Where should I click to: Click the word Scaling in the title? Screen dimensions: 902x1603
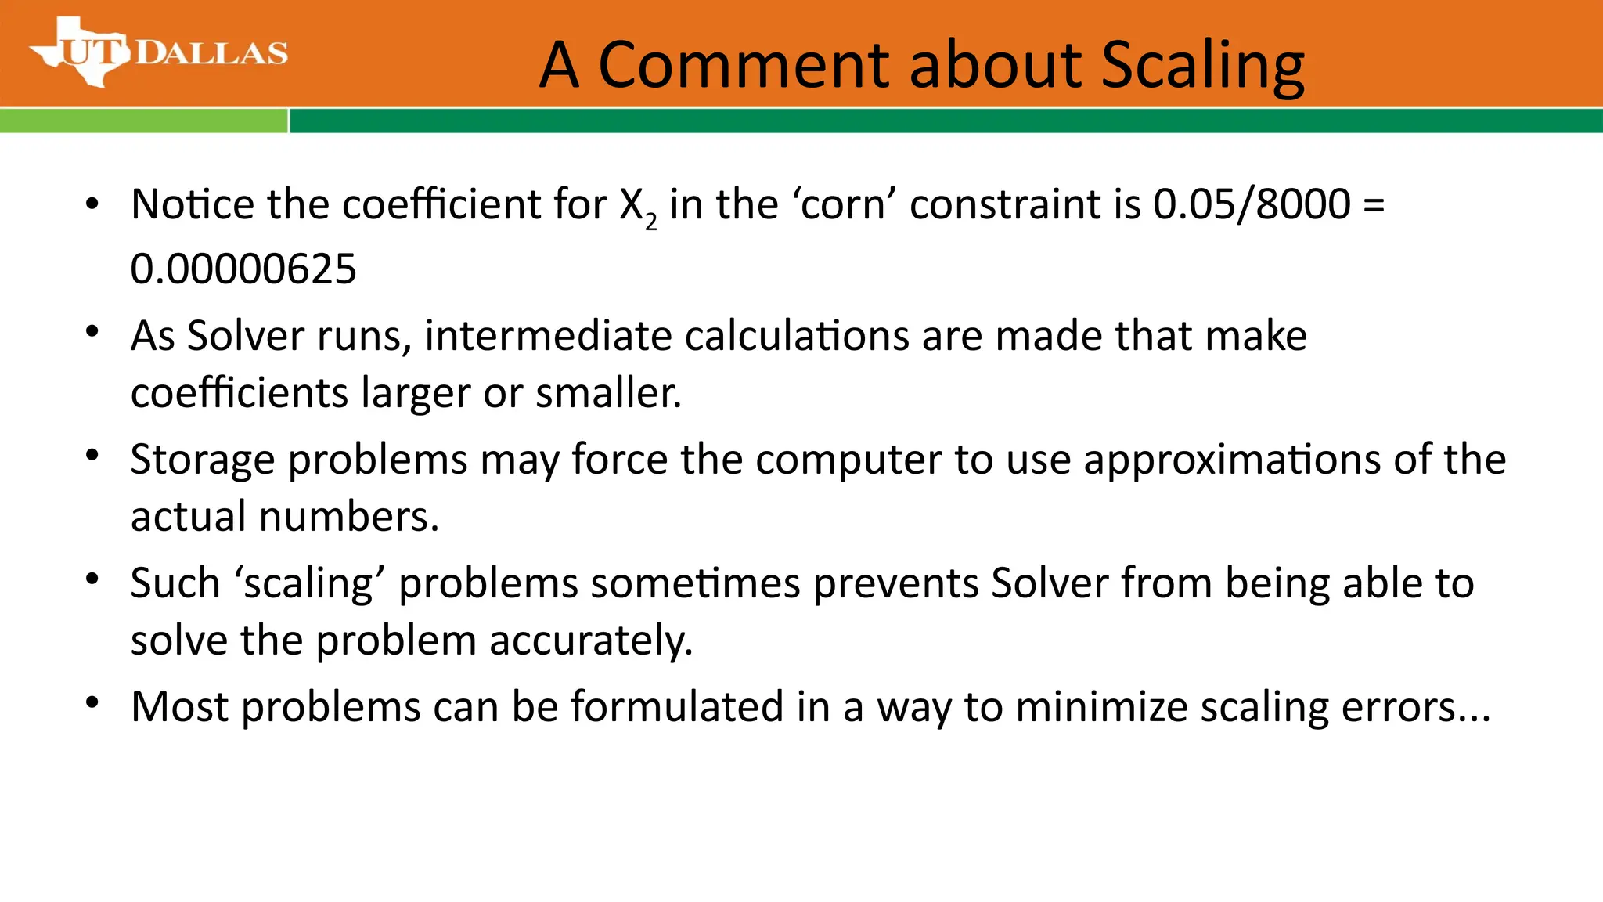(x=1202, y=66)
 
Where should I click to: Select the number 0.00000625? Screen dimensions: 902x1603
(x=243, y=269)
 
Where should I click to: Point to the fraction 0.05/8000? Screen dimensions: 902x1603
(x=1252, y=205)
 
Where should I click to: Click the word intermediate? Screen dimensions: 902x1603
(x=548, y=337)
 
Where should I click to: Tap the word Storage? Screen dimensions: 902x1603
(x=202, y=460)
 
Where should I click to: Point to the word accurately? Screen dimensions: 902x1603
(x=591, y=641)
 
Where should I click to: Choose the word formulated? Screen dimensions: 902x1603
(x=677, y=707)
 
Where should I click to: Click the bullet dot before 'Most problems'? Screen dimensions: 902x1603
(x=92, y=702)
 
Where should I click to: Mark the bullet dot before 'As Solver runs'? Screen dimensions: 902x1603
(x=92, y=331)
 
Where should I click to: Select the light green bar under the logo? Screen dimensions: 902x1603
(x=143, y=121)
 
